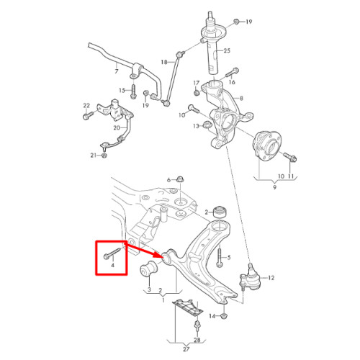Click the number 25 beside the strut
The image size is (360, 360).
pyautogui.click(x=227, y=50)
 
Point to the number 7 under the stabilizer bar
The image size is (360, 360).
pyautogui.click(x=117, y=71)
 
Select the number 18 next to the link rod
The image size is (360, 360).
pyautogui.click(x=164, y=62)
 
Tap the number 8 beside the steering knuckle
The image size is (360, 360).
pyautogui.click(x=241, y=98)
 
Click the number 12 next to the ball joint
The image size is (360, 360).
pyautogui.click(x=271, y=278)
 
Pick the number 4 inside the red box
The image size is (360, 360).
pyautogui.click(x=112, y=265)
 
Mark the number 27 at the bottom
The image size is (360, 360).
pyautogui.click(x=186, y=349)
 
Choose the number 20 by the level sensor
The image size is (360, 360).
pyautogui.click(x=117, y=127)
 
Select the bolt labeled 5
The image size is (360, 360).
pyautogui.click(x=220, y=258)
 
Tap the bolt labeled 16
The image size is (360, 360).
pyautogui.click(x=232, y=73)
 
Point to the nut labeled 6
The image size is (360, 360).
pyautogui.click(x=179, y=179)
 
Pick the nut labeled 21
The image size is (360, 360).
pyautogui.click(x=104, y=156)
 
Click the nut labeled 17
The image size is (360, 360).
pyautogui.click(x=197, y=92)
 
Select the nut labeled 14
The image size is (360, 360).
pyautogui.click(x=224, y=316)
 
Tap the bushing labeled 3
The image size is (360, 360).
pyautogui.click(x=149, y=270)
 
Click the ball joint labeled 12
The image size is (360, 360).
pyautogui.click(x=250, y=278)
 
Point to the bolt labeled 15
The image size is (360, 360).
pyautogui.click(x=133, y=91)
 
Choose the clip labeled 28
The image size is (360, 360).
pyautogui.click(x=197, y=325)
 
